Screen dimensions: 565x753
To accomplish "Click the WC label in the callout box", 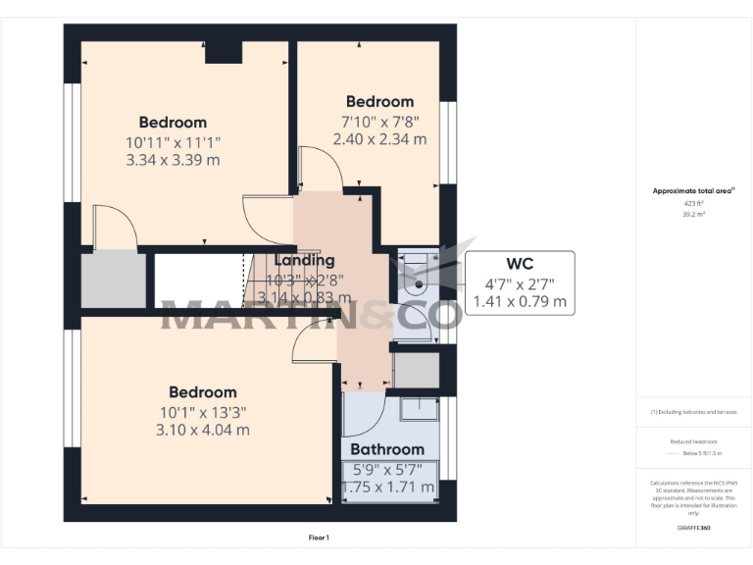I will click(x=520, y=264).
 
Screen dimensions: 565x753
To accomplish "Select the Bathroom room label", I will click(x=387, y=449).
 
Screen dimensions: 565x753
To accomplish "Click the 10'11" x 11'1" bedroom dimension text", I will click(x=173, y=141).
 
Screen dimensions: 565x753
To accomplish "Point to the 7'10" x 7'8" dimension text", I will click(x=379, y=121).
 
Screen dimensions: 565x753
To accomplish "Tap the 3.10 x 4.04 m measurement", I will click(x=202, y=430).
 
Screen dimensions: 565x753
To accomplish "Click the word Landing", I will click(x=304, y=260).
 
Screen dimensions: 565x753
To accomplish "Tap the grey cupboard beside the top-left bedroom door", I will click(x=112, y=280).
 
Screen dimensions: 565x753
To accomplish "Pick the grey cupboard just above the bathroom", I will click(x=416, y=370).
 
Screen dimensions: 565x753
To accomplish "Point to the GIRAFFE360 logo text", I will click(x=693, y=529).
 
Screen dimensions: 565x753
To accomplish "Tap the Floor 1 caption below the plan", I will click(x=319, y=538).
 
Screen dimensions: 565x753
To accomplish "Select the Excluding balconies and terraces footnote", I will click(x=693, y=412).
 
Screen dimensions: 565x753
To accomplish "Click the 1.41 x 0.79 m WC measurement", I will click(x=520, y=301).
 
